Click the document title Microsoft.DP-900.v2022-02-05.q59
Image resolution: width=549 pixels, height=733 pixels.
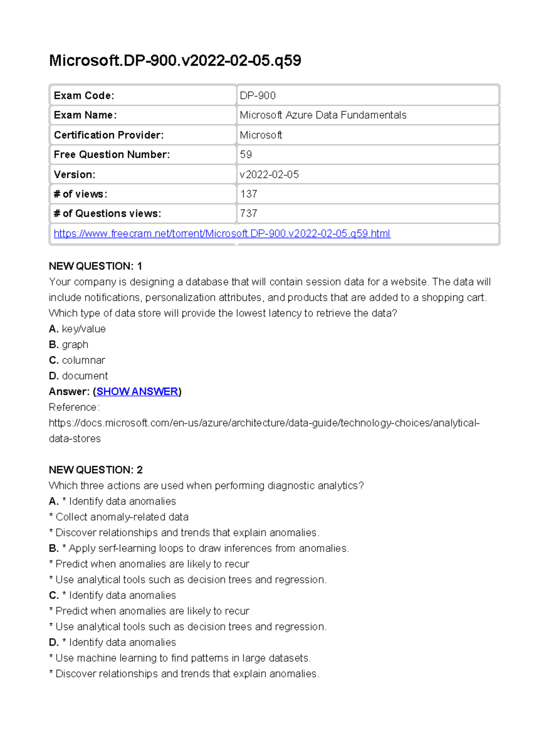175,60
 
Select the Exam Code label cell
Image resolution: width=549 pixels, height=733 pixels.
84,96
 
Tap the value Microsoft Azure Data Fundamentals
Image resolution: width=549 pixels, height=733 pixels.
323,115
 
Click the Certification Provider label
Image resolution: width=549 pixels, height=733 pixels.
109,135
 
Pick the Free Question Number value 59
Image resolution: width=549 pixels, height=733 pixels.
246,155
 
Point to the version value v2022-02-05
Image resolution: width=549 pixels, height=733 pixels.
269,174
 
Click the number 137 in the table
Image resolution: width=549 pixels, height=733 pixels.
249,194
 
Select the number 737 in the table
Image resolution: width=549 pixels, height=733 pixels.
249,214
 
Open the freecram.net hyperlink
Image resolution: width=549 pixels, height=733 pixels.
222,234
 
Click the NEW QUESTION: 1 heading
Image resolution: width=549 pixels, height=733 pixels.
96,266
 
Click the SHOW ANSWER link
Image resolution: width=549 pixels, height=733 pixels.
137,391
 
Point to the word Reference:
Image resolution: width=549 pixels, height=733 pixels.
74,407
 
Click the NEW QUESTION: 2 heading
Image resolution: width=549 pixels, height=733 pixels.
96,470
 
